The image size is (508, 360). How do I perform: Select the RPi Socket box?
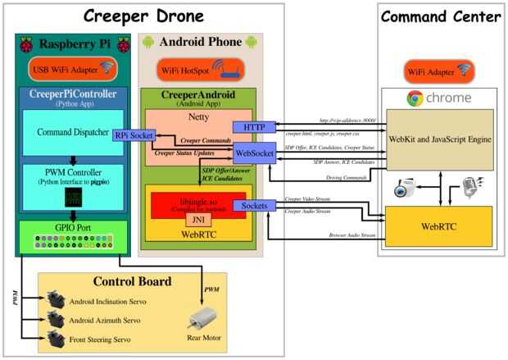tap(135, 134)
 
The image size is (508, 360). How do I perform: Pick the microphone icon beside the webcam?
tap(470, 185)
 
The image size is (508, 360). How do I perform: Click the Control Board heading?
tap(131, 282)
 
